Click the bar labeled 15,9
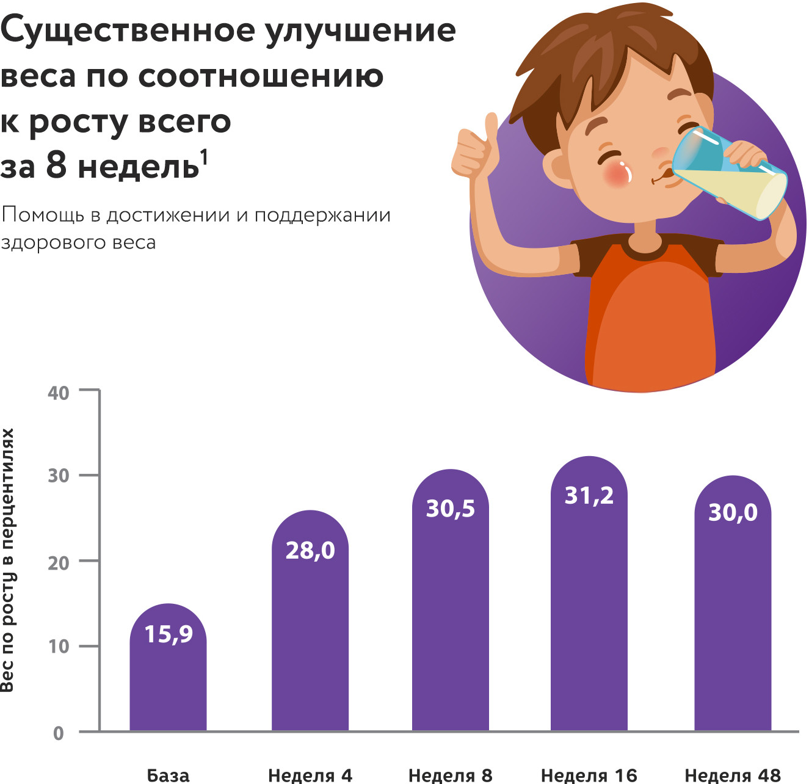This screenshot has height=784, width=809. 168,678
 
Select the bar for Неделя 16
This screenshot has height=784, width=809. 589,611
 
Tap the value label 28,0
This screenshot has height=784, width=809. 310,551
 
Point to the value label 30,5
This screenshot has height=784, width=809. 451,509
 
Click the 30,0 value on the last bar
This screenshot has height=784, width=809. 733,512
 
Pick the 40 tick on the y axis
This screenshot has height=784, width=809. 59,393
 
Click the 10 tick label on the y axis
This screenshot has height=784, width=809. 59,646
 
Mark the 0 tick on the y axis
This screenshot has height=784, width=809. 59,733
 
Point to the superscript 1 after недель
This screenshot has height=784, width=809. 204,158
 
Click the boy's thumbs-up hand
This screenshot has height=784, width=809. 476,150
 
